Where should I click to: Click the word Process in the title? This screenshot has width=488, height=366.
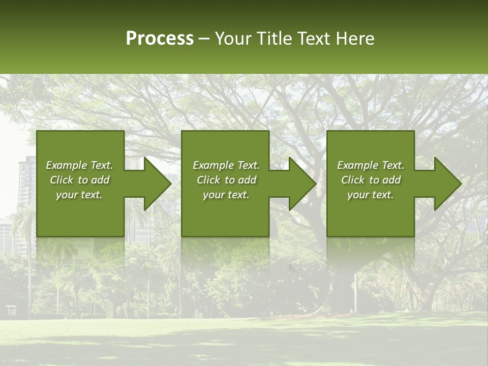click(x=160, y=39)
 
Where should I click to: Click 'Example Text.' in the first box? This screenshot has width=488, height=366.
click(x=79, y=165)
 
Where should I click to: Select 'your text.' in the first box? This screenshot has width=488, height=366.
click(x=79, y=195)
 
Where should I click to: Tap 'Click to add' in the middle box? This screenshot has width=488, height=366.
click(x=226, y=180)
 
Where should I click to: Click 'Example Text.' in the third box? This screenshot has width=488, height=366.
click(x=371, y=165)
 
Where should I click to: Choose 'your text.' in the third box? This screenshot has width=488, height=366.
click(x=371, y=195)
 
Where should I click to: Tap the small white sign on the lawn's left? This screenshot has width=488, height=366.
click(x=10, y=309)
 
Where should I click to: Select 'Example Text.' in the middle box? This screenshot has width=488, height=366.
click(x=226, y=165)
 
